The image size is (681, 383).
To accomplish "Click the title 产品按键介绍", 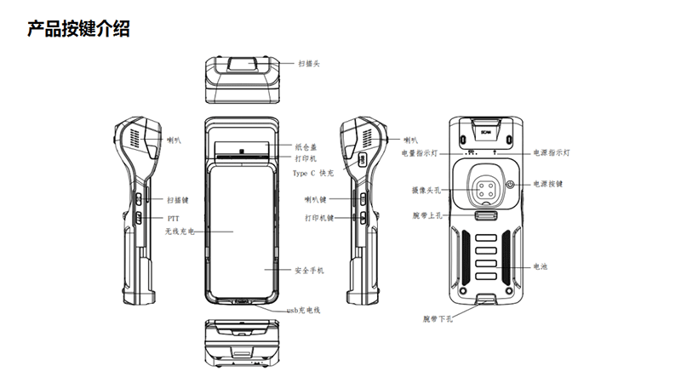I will coord(78,30).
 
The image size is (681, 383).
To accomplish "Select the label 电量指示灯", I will coord(420,153).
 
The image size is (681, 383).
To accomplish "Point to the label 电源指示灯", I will coord(552,153).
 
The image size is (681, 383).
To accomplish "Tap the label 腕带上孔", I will coord(426,218).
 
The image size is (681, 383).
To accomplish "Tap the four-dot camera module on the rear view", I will coord(486,187).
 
